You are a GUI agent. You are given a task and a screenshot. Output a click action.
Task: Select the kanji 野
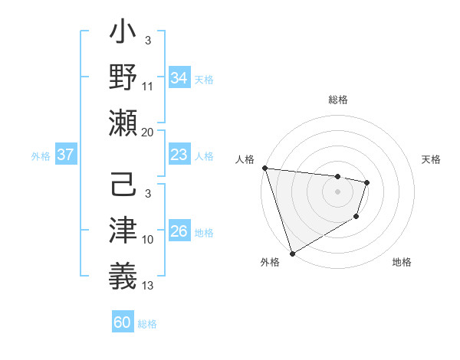coord(123,79)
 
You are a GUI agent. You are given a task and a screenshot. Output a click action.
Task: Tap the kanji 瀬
coord(123,123)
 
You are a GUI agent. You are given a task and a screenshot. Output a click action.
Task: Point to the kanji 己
coord(123,187)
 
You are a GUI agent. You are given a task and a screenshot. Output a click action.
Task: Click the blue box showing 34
coord(179,77)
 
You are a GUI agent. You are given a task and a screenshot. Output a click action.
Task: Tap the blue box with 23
coord(179,155)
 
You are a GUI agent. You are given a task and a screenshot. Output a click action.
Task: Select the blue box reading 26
coord(179,232)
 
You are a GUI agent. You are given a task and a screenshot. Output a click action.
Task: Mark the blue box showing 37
coord(66,155)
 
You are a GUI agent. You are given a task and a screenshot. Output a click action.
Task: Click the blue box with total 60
coord(123,322)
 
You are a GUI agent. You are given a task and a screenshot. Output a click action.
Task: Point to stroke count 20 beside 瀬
coord(147,133)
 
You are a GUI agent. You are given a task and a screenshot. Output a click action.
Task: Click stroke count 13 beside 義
coord(148,286)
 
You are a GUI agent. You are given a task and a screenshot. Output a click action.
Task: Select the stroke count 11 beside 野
coord(148,87)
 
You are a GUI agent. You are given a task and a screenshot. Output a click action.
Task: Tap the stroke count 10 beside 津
coord(148,240)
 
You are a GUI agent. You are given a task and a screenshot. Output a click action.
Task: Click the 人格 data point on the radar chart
coord(264,168)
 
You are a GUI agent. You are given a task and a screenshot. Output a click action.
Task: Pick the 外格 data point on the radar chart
coord(292,254)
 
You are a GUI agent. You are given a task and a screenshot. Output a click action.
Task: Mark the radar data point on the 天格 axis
coord(367,182)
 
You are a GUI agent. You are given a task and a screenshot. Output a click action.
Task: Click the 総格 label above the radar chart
coord(337,100)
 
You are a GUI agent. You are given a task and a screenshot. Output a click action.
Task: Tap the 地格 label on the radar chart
coord(402,262)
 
